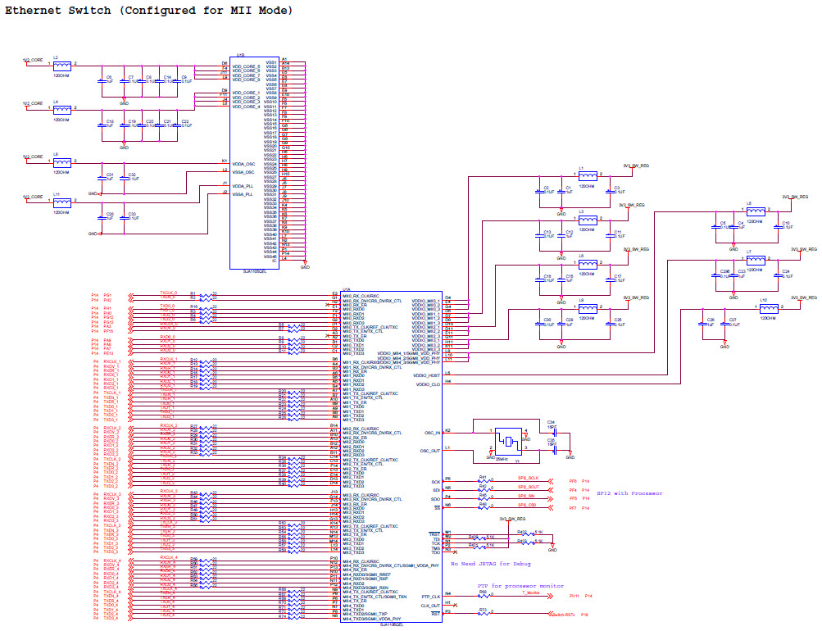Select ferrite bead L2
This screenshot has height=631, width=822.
[x=61, y=64]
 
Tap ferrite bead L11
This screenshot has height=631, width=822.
[x=61, y=202]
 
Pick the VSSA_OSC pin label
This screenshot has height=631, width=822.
[x=243, y=172]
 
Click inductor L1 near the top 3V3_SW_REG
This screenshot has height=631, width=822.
[x=588, y=175]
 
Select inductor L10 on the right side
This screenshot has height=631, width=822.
[x=769, y=307]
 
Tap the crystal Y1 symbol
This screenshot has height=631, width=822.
[x=509, y=441]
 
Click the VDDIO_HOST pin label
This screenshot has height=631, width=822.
[x=428, y=375]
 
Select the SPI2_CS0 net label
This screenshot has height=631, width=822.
[x=527, y=506]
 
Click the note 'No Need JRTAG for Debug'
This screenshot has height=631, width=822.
[x=490, y=564]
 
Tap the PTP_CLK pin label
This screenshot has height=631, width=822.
[x=431, y=597]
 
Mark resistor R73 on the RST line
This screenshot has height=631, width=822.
[x=483, y=613]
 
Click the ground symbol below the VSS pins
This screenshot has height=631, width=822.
[x=306, y=266]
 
